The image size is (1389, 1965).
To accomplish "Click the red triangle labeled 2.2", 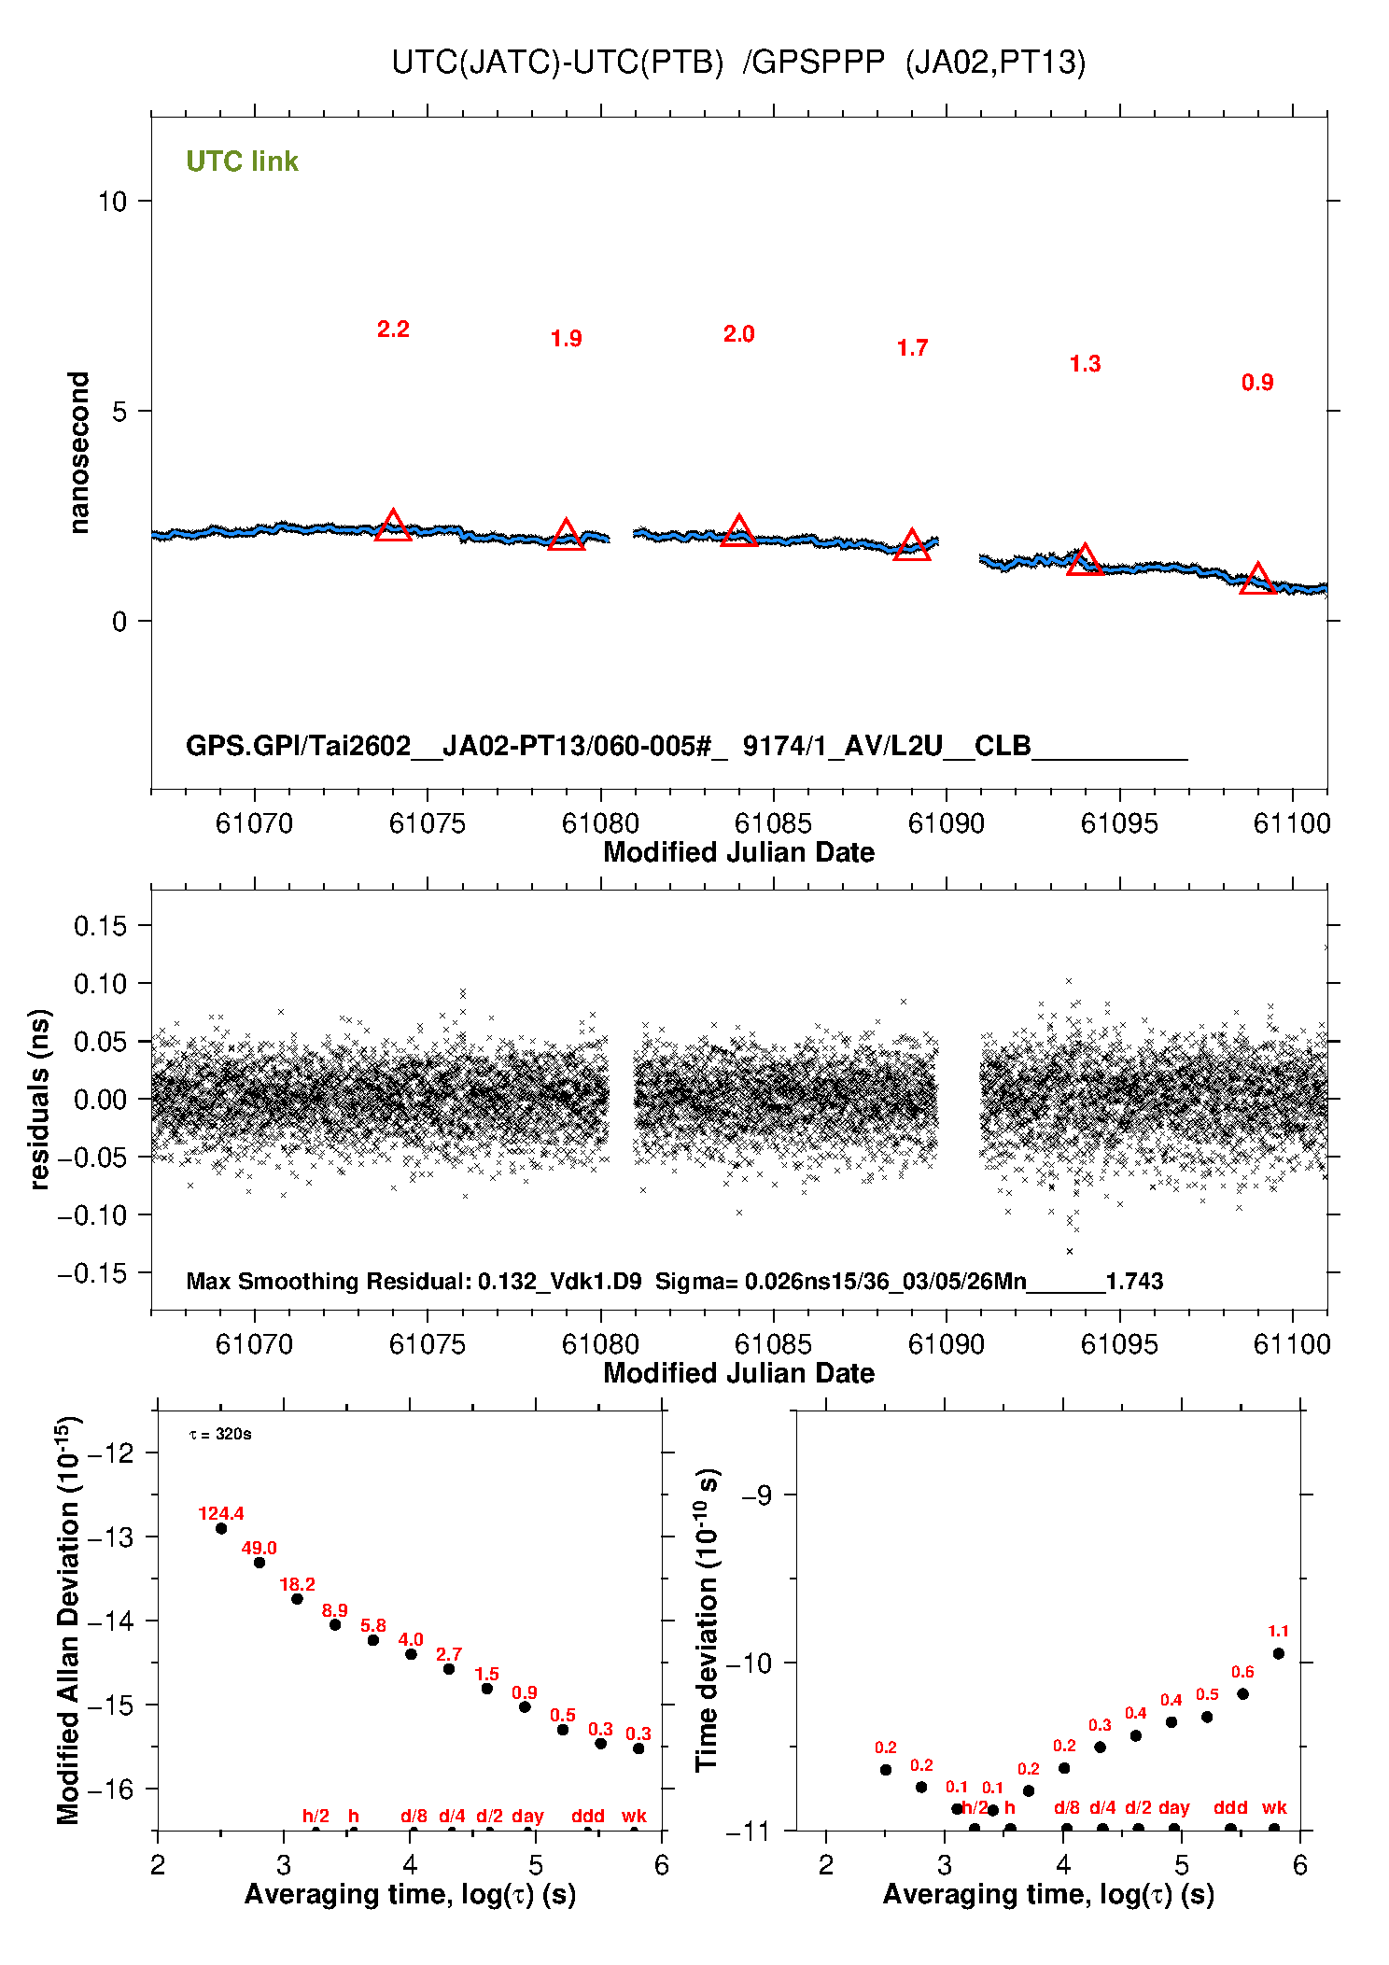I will (393, 527).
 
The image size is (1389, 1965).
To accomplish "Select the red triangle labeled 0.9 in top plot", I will (1257, 581).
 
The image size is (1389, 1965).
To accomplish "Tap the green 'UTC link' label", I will (242, 161).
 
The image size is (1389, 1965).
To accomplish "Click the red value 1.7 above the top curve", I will (912, 348).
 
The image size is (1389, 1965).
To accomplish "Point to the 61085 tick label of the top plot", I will (773, 823).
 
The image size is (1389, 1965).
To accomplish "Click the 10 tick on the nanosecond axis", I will (112, 201).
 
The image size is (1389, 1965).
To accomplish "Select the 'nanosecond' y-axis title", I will (79, 453).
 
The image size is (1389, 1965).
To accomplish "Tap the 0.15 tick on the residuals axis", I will (100, 926).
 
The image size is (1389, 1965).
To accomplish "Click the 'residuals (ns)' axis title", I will (38, 1099).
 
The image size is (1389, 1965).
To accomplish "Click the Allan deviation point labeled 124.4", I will (221, 1528).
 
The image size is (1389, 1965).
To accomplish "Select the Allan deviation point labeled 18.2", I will (297, 1599).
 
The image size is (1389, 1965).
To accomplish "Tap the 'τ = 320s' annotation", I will (220, 1434).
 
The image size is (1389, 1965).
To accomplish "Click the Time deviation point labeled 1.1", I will (1278, 1653).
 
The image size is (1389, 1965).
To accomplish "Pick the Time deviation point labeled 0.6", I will (1242, 1694).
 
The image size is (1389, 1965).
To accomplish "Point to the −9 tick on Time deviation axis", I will (756, 1495).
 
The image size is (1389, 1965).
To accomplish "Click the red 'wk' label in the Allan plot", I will (634, 1816).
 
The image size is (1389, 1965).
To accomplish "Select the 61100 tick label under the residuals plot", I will (1292, 1344).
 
